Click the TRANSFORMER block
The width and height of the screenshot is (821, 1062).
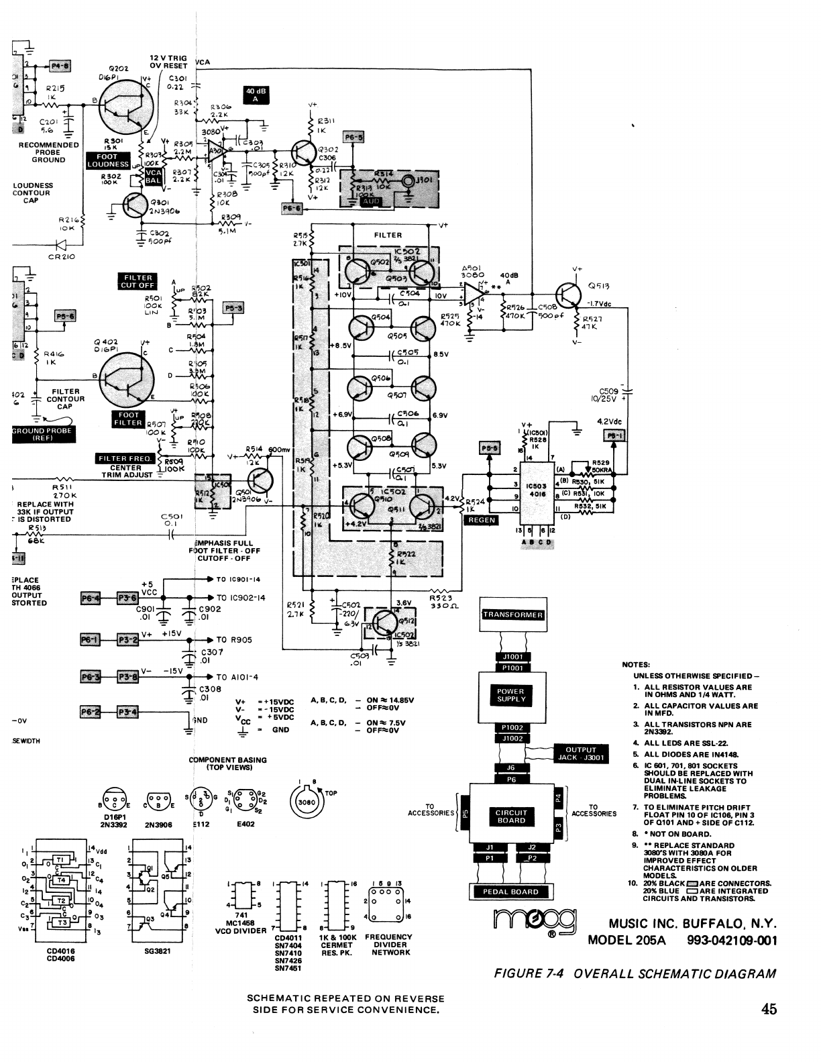pyautogui.click(x=512, y=615)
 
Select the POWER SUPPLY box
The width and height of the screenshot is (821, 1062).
pyautogui.click(x=511, y=696)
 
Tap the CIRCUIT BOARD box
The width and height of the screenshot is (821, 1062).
pyautogui.click(x=511, y=815)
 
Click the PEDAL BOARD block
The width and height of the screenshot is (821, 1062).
pyautogui.click(x=511, y=892)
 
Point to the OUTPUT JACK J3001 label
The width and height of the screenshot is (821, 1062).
pyautogui.click(x=581, y=753)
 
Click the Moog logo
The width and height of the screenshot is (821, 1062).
pyautogui.click(x=533, y=920)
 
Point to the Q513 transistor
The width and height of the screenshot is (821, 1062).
pyautogui.click(x=569, y=295)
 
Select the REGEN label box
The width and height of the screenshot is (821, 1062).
pyautogui.click(x=482, y=520)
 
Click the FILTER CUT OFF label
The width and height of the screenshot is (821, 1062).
pyautogui.click(x=138, y=281)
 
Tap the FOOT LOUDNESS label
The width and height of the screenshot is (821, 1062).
pyautogui.click(x=108, y=160)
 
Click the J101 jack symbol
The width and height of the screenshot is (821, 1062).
pyautogui.click(x=408, y=180)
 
